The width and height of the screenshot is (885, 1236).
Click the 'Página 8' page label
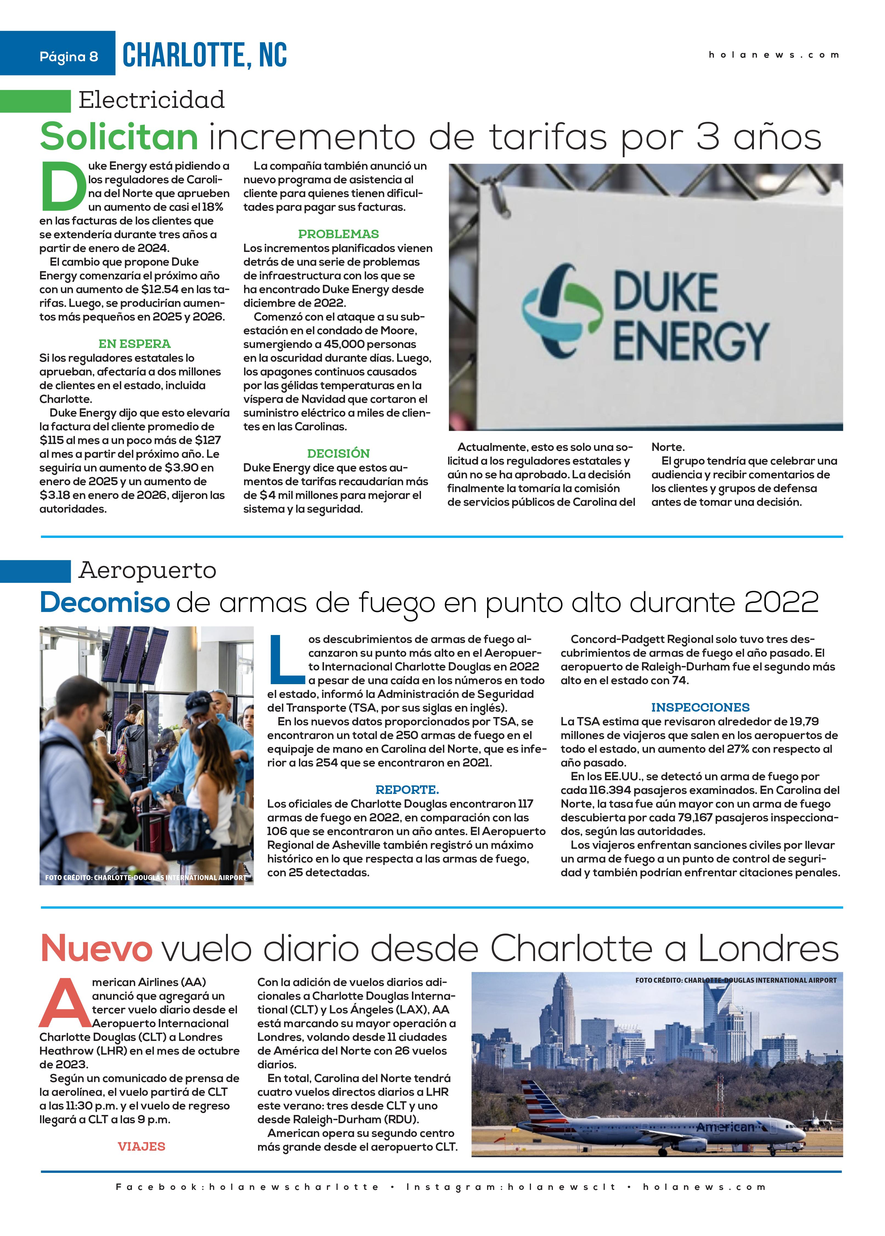pos(69,57)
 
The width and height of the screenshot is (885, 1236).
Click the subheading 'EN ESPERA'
pos(135,344)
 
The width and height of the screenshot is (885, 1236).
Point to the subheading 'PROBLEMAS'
pos(338,234)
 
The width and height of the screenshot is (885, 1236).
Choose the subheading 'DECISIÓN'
pos(338,453)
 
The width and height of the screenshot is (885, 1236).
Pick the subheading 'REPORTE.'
pos(407,790)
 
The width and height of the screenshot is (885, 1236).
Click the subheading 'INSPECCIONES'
pos(700,707)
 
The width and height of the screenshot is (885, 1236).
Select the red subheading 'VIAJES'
pos(141,1147)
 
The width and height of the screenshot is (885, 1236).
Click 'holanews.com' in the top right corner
pos(773,55)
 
